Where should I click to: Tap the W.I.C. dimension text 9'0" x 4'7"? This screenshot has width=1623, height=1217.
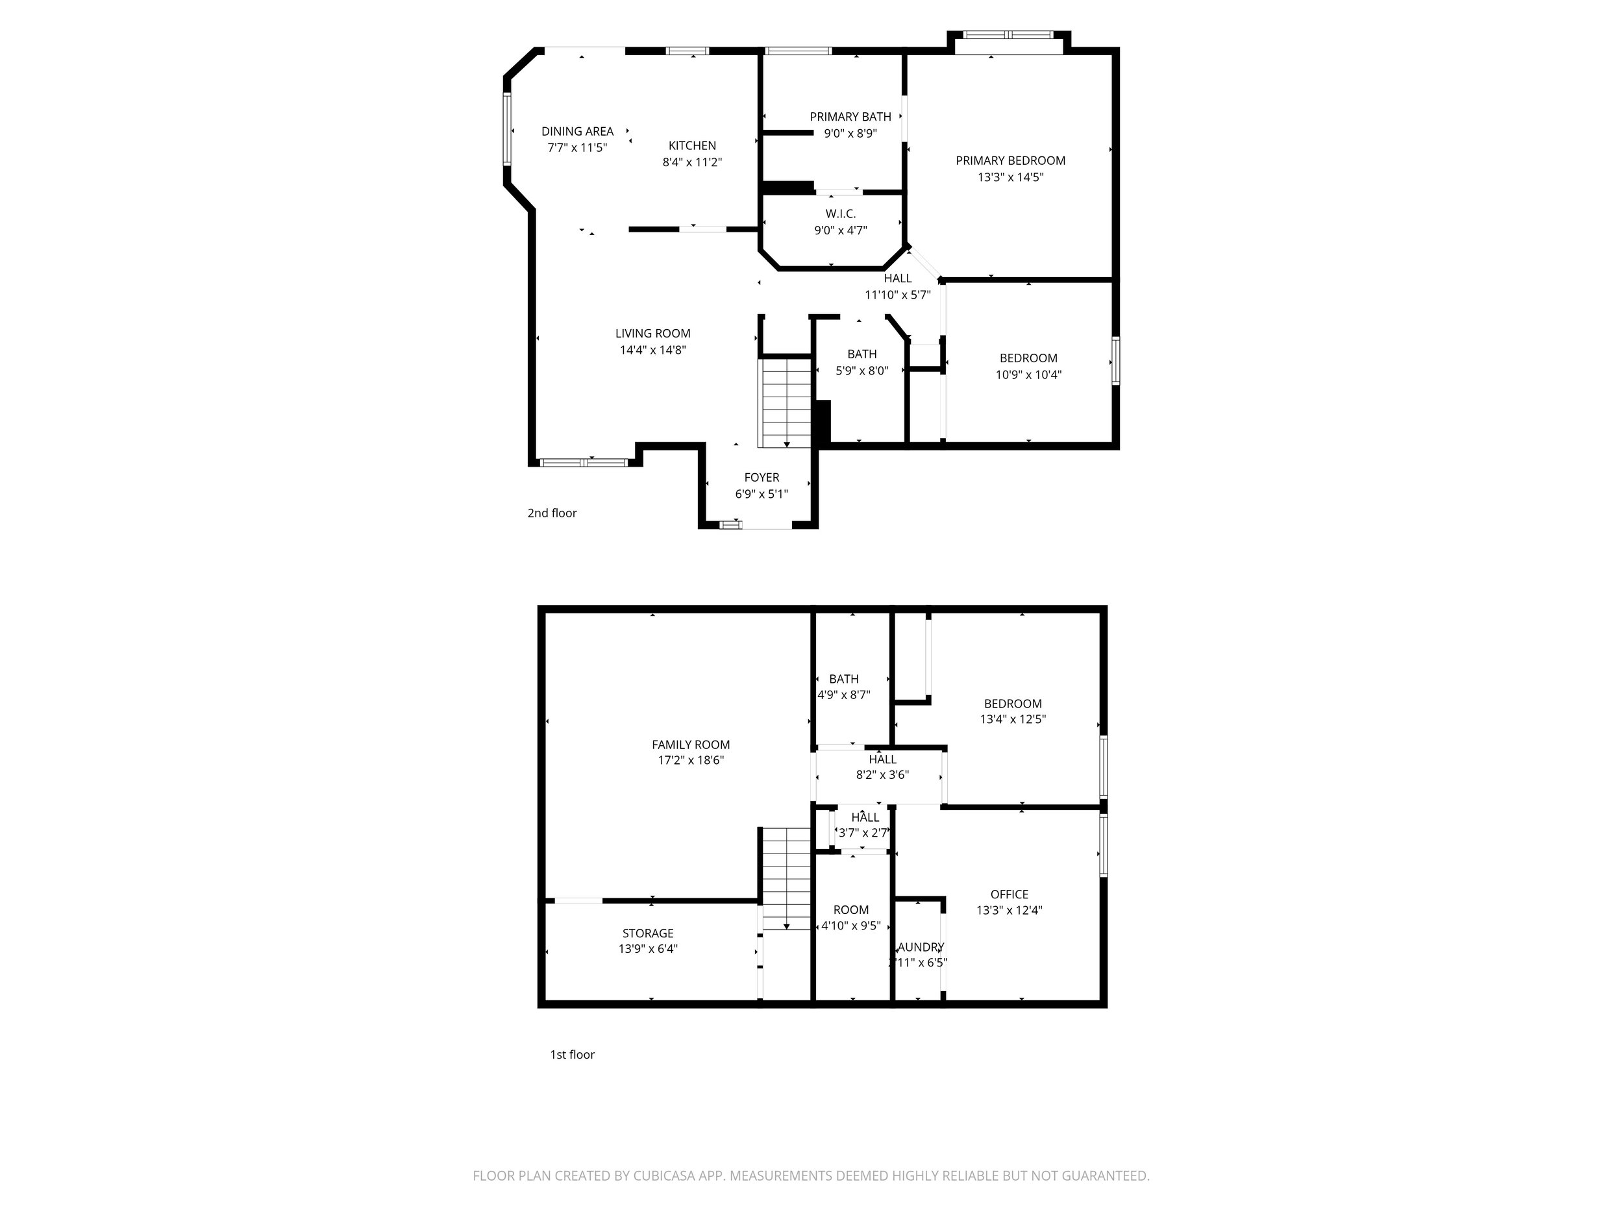[840, 230]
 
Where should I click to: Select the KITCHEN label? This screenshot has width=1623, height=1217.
[692, 146]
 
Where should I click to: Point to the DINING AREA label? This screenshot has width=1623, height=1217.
[577, 131]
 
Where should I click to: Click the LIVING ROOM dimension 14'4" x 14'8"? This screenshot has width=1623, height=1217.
[652, 350]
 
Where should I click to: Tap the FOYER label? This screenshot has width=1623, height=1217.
[762, 478]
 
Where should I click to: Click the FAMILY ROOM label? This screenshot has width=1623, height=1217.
[691, 744]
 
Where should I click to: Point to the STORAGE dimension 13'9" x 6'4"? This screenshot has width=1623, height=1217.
[648, 948]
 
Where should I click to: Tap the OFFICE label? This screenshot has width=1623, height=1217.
[1009, 894]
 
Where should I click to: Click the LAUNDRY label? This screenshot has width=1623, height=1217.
[920, 947]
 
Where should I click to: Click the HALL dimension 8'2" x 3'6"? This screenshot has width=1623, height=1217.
[882, 774]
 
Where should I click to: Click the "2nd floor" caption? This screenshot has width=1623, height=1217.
[552, 513]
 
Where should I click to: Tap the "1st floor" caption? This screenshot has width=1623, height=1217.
[573, 1054]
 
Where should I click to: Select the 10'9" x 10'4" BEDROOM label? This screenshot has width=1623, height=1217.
[1028, 359]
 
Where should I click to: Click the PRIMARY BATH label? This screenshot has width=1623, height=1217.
[850, 117]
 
